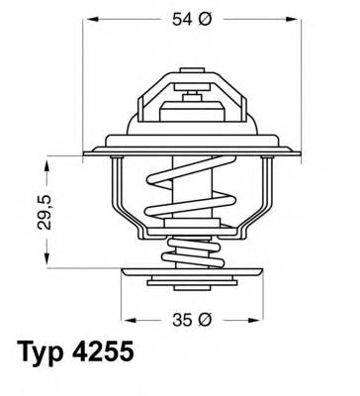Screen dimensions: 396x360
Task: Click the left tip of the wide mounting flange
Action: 87,150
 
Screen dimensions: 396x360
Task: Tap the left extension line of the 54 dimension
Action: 85,79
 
